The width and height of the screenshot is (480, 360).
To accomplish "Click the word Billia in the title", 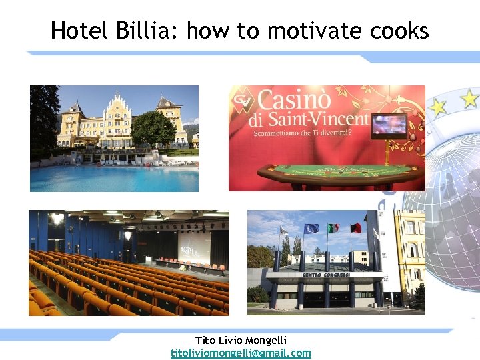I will (x=141, y=31).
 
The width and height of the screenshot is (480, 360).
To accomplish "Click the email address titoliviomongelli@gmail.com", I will (x=241, y=353).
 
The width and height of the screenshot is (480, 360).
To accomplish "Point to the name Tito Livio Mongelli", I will (x=241, y=341).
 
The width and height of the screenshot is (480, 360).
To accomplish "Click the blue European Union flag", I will (x=311, y=228).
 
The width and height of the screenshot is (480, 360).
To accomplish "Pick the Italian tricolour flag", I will (x=333, y=228).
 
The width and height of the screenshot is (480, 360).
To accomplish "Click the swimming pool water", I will (x=113, y=177).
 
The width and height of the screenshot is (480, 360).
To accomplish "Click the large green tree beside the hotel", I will (x=153, y=128).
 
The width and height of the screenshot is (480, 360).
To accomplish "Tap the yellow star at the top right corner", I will (x=469, y=99).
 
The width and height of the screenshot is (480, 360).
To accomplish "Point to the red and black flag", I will (x=356, y=228).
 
